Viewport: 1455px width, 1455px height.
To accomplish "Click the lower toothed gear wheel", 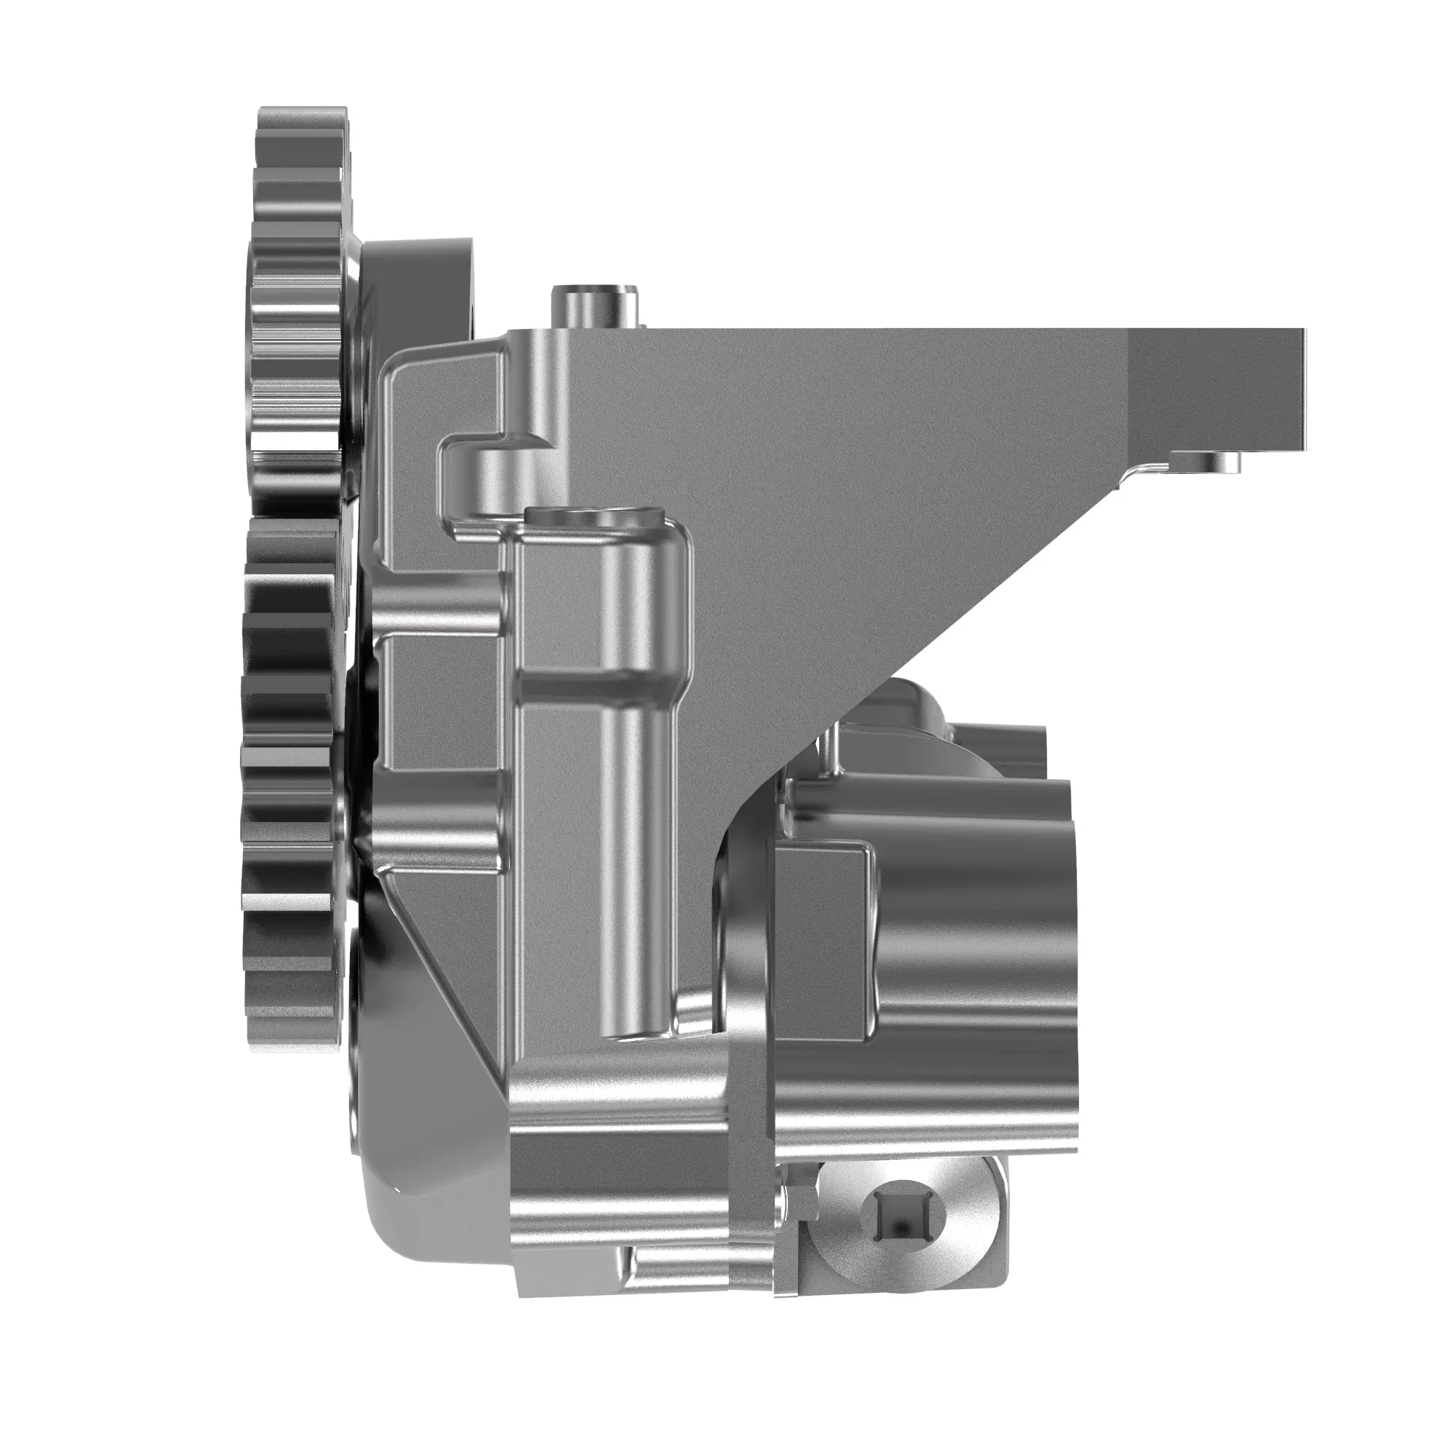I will (x=290, y=784).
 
